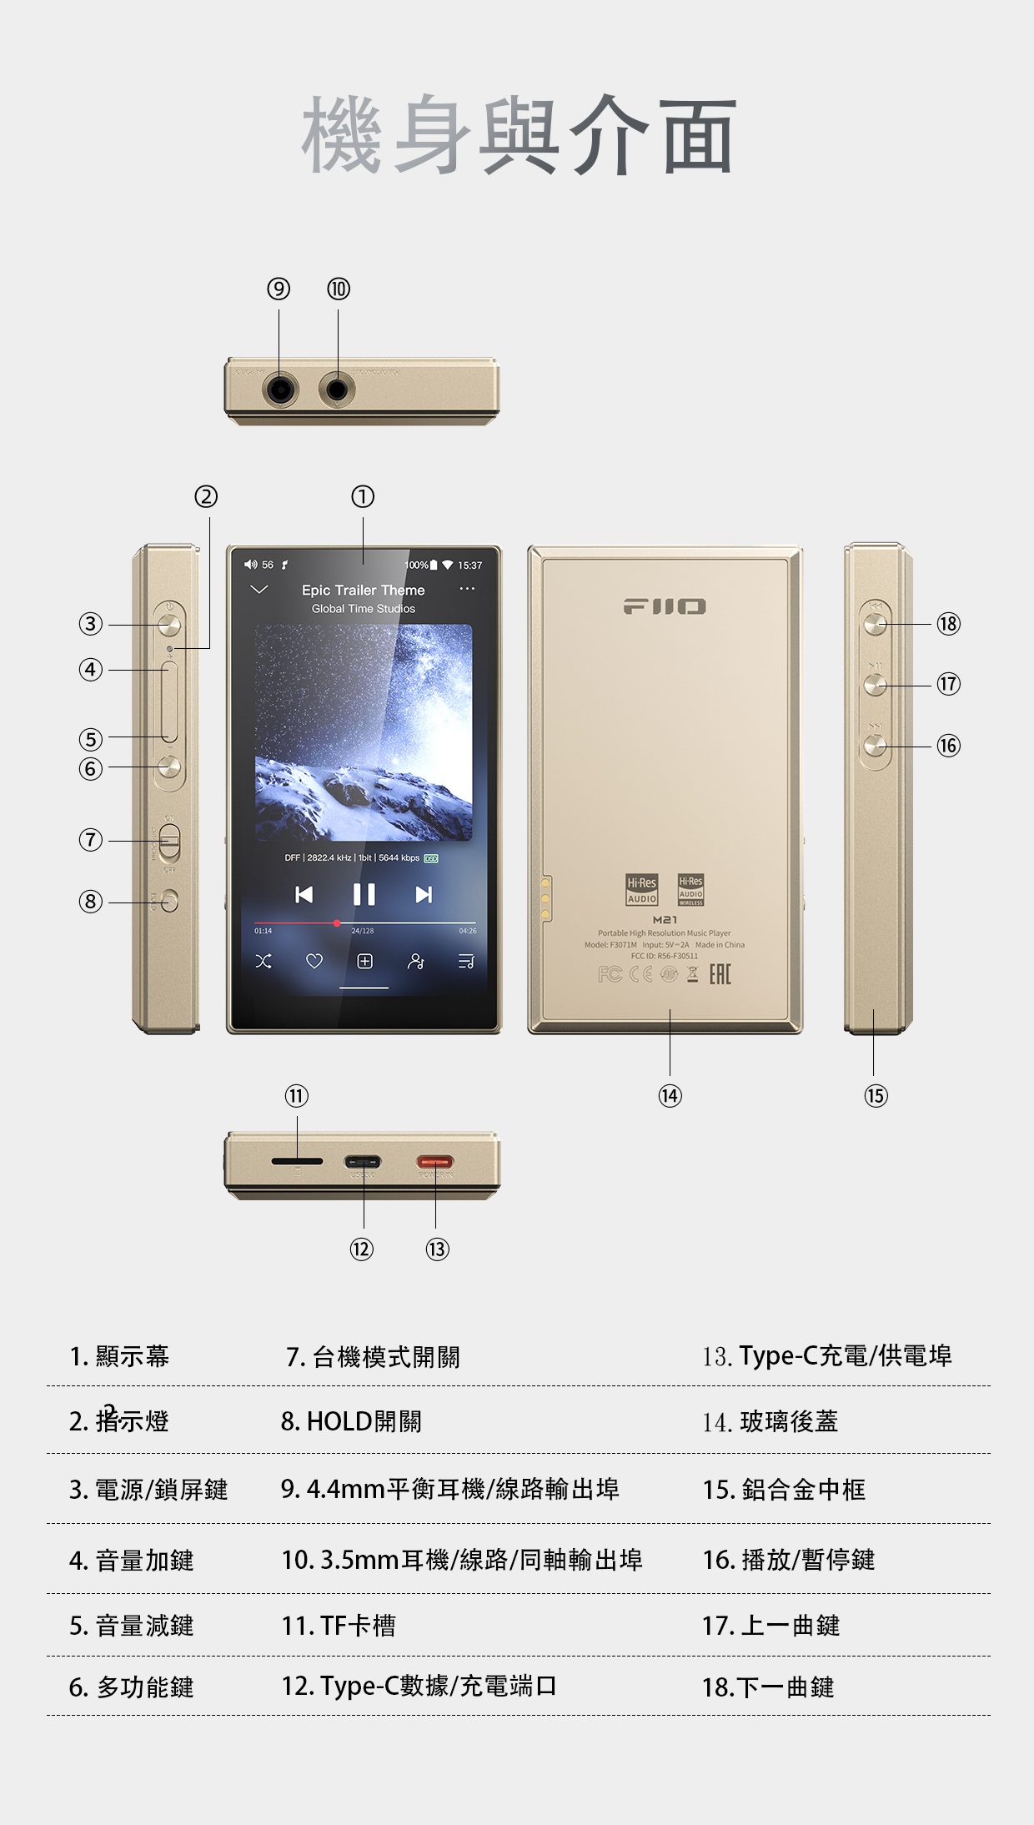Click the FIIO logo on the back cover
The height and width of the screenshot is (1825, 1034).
665,606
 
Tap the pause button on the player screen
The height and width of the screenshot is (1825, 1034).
364,894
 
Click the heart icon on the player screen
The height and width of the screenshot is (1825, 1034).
314,962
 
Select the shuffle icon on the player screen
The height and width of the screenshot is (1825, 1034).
264,962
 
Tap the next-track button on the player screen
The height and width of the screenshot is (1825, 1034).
424,894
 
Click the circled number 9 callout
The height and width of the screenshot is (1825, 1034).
279,289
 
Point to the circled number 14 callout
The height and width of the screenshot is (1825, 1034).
670,1095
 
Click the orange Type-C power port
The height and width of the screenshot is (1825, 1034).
435,1162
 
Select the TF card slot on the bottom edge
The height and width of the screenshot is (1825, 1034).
297,1161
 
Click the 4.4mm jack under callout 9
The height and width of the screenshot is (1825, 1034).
281,390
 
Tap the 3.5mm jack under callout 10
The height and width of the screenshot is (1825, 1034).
338,390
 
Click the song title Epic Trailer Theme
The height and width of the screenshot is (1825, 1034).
363,590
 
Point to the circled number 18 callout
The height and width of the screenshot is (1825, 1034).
948,624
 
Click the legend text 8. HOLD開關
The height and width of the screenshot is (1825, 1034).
351,1421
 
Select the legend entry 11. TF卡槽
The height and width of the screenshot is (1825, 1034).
339,1626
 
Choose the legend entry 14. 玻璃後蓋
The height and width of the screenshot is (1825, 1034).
770,1421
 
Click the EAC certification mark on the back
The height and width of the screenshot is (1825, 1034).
720,974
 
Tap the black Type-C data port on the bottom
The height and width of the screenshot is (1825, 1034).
363,1162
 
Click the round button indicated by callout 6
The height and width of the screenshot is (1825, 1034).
170,767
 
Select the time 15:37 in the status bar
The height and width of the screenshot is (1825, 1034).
469,566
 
